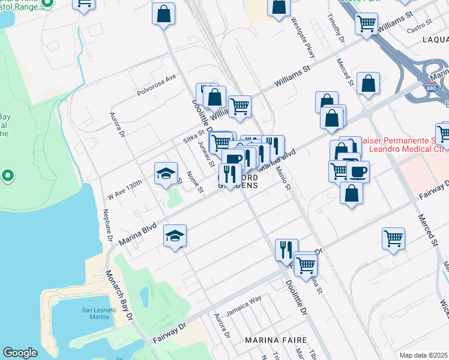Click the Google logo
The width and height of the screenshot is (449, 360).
[20, 353]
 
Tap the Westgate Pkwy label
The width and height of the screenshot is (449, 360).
[303, 40]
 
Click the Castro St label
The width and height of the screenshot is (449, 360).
[419, 25]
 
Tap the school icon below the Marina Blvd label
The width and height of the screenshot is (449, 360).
[175, 236]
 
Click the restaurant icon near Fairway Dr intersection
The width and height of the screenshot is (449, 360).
[286, 249]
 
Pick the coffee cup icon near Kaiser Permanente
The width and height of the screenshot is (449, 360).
[358, 172]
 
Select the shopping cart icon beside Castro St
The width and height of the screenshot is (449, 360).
[366, 24]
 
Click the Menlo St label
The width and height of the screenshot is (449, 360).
[284, 179]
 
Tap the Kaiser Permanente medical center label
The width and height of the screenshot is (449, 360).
[408, 145]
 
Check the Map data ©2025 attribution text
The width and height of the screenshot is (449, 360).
[424, 355]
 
